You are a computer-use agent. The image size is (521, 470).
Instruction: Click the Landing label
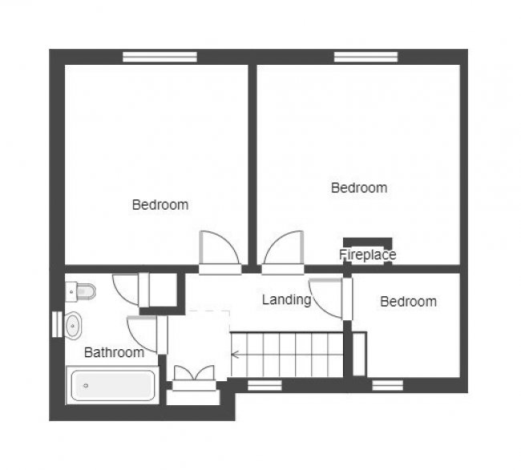[286, 299]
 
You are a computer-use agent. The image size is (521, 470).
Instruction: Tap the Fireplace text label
[367, 255]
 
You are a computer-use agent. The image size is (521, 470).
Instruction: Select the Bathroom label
[114, 351]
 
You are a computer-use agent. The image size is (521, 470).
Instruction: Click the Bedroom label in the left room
[160, 205]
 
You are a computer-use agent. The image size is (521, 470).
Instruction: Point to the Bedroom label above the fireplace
[359, 188]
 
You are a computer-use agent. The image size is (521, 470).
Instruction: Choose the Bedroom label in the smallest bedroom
[408, 302]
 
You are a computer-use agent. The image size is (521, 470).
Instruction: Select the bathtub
[112, 386]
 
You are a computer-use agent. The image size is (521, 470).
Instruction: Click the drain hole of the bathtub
[86, 386]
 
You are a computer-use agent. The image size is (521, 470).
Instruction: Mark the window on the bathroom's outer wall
[56, 324]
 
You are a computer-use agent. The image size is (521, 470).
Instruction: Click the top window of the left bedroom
[160, 57]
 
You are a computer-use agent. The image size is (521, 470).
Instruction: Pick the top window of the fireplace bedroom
[366, 57]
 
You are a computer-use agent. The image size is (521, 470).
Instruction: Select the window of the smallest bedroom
[388, 385]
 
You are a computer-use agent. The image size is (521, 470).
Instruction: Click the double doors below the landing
[195, 375]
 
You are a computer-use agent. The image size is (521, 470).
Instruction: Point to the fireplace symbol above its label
[367, 242]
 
